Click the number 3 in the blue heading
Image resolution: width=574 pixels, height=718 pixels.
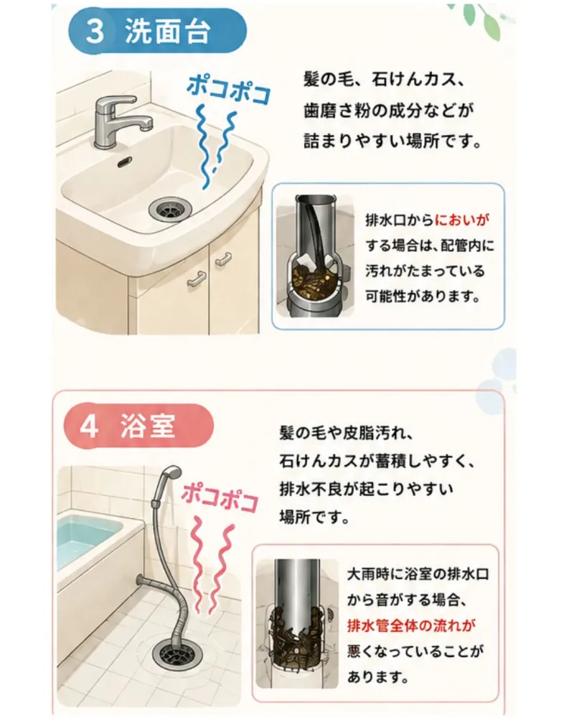tap(95, 32)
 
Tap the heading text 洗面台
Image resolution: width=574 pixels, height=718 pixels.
tap(167, 32)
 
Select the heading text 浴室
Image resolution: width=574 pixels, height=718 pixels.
tap(147, 426)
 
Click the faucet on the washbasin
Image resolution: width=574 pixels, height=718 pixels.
tap(121, 121)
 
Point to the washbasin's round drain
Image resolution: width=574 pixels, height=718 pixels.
tap(170, 208)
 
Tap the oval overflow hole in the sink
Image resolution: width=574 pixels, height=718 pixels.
tap(125, 162)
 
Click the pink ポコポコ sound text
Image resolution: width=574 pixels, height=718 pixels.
tap(220, 498)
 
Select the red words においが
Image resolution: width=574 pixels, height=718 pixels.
tap(461, 220)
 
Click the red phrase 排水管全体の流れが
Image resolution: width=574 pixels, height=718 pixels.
tap(410, 625)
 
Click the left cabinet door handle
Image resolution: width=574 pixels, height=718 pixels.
tap(197, 278)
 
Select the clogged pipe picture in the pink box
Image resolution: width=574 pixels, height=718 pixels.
tap(296, 623)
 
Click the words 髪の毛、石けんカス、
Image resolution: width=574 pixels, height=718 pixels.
tap(385, 80)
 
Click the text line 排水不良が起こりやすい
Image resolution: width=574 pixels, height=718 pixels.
tap(366, 490)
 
